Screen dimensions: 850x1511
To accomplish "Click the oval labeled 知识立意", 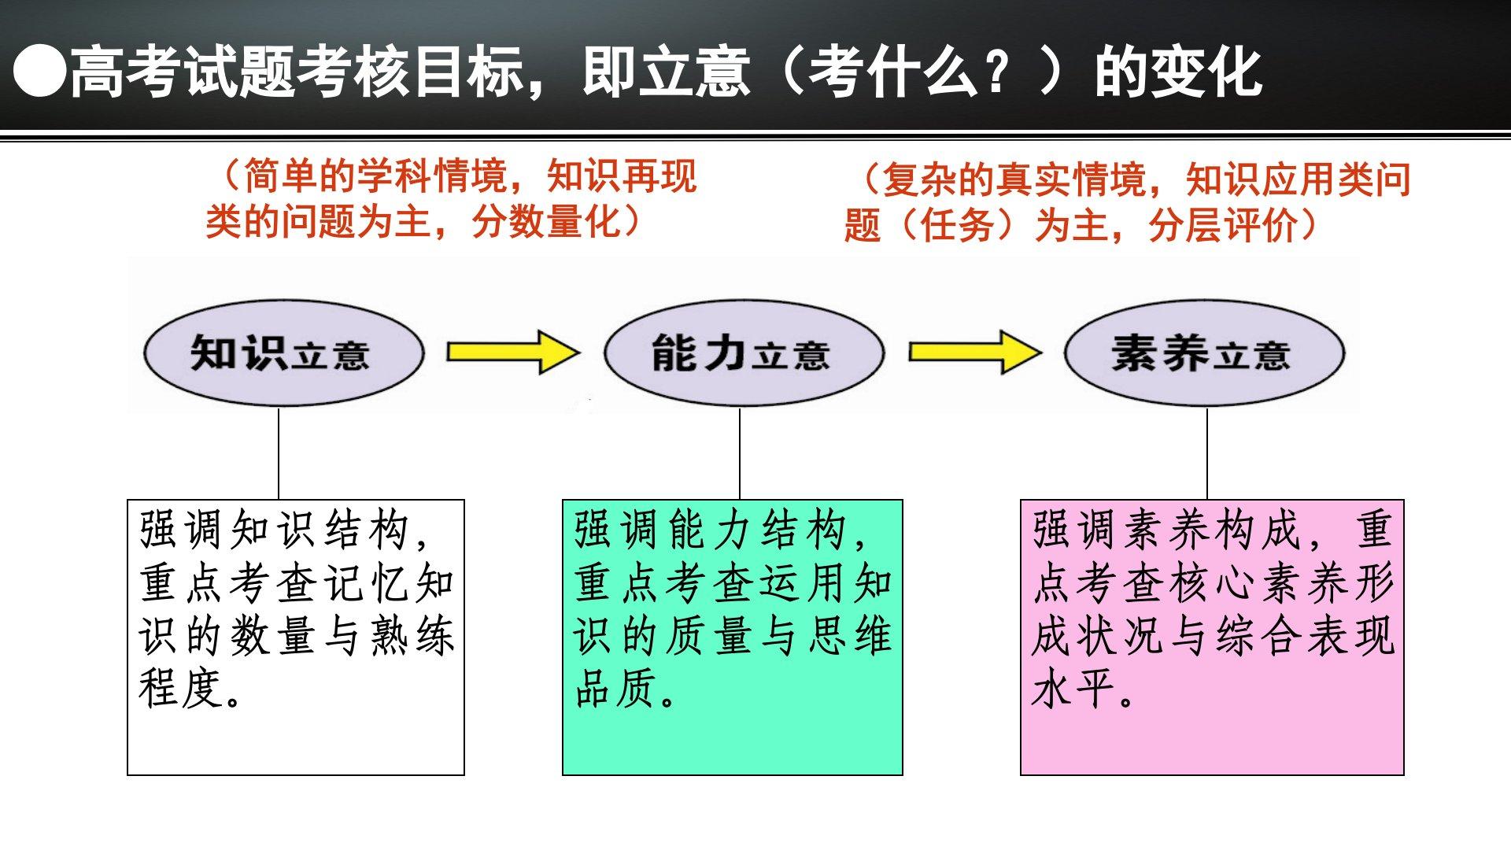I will point(283,353).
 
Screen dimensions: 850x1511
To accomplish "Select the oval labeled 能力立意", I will point(743,353).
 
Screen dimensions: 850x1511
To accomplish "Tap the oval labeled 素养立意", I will point(1204,353).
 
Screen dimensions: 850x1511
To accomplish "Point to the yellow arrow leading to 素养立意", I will point(974,352).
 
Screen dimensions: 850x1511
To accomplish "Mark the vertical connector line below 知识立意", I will point(279,453).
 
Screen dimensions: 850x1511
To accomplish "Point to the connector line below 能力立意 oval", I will point(740,453).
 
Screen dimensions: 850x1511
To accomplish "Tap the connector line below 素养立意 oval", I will point(1207,453).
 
